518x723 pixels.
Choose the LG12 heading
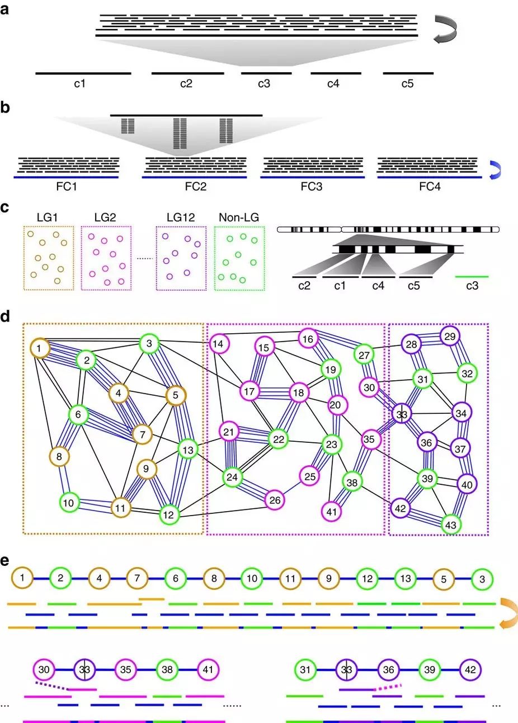(180, 216)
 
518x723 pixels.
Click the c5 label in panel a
(407, 84)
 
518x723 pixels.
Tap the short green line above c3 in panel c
(472, 276)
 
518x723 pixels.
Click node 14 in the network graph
(219, 344)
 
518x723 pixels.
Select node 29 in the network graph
(450, 336)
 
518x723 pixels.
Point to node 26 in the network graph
(274, 500)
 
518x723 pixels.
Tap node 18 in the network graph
(299, 393)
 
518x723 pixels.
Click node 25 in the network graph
(309, 476)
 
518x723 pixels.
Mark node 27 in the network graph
(364, 355)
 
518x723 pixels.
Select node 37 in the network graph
(460, 448)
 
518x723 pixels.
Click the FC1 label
(67, 186)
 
